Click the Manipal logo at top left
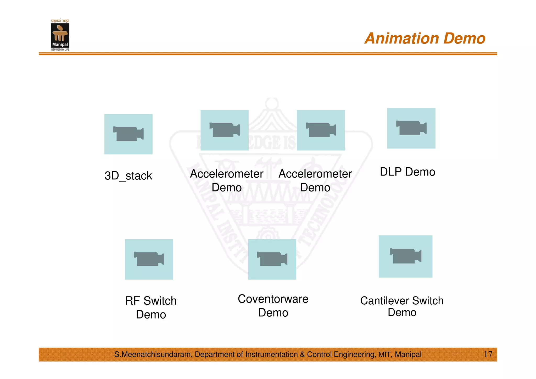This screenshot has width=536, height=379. click(60, 36)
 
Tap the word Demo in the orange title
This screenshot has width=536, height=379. click(464, 39)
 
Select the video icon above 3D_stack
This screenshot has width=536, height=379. click(128, 134)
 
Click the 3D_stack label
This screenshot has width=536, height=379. click(128, 176)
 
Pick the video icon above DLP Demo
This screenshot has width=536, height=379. click(411, 128)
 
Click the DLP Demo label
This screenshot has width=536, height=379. click(407, 172)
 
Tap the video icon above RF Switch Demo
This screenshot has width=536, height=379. click(149, 259)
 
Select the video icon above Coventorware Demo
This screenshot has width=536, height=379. click(272, 259)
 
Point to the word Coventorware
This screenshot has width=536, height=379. click(273, 299)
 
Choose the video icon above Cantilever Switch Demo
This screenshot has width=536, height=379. click(405, 256)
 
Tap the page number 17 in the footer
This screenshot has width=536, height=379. click(488, 354)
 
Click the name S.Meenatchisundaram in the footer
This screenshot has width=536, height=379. click(153, 354)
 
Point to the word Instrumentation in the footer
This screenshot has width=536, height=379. click(271, 354)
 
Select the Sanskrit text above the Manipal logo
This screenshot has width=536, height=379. click(60, 21)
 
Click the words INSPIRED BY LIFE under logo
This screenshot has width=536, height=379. click(60, 50)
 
